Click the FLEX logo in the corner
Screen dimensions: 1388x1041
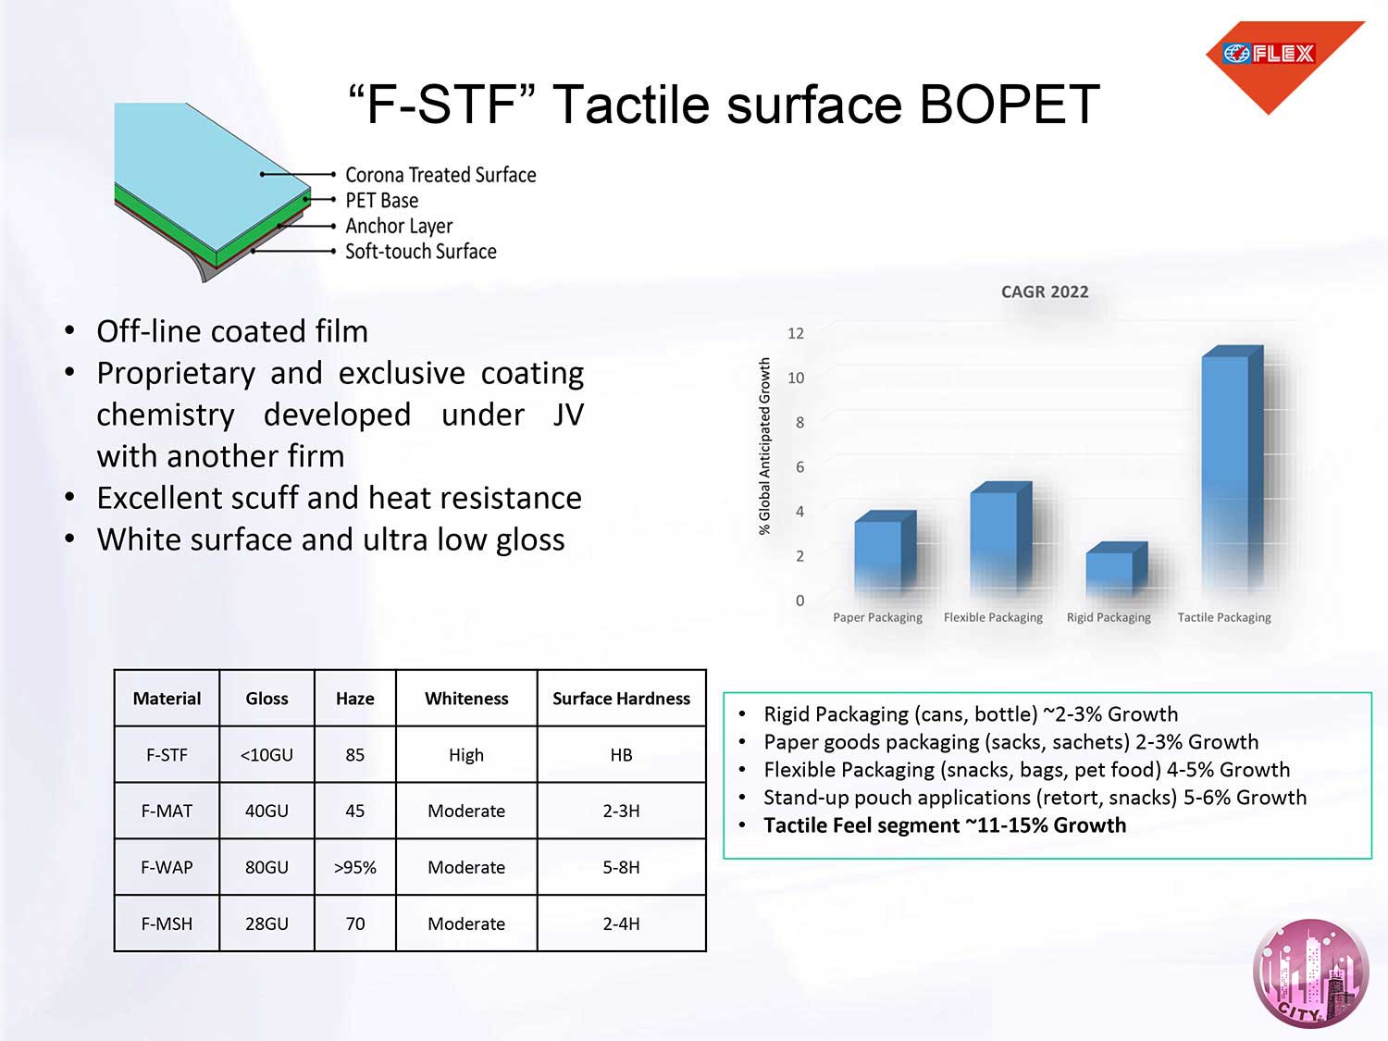click(x=1283, y=63)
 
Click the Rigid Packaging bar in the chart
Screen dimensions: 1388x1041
click(x=1117, y=569)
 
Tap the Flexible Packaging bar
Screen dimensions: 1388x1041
click(x=1001, y=539)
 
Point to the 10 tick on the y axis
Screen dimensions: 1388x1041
click(x=796, y=378)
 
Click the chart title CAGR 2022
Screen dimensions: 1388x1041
click(x=1045, y=292)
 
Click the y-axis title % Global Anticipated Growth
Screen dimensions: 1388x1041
click(x=764, y=446)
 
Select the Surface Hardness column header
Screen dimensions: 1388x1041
click(x=621, y=699)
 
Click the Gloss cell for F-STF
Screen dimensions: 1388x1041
click(x=266, y=755)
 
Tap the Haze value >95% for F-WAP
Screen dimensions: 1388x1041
click(x=354, y=867)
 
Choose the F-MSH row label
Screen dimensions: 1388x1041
click(x=167, y=923)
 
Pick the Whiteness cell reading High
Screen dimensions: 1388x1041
click(x=466, y=755)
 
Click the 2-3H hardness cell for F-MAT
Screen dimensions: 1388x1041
click(x=621, y=811)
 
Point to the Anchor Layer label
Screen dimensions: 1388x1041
click(x=399, y=227)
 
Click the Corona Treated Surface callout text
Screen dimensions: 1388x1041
click(x=440, y=175)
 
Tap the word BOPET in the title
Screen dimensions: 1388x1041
click(x=1010, y=105)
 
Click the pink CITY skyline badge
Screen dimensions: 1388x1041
click(x=1311, y=973)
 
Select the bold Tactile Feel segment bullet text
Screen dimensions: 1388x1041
click(x=945, y=825)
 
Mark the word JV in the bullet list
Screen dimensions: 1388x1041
click(x=568, y=415)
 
